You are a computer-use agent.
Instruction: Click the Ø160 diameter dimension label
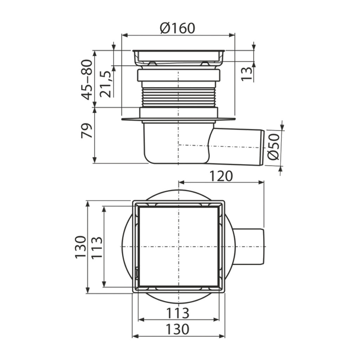pyautogui.click(x=178, y=28)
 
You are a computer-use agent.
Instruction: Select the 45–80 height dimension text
pyautogui.click(x=87, y=80)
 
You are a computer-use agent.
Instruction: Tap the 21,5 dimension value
pyautogui.click(x=105, y=84)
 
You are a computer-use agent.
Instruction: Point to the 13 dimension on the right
pyautogui.click(x=246, y=74)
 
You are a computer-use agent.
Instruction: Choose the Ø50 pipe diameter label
pyautogui.click(x=274, y=147)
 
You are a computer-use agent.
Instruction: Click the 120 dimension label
pyautogui.click(x=221, y=176)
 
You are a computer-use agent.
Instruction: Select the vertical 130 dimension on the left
pyautogui.click(x=81, y=247)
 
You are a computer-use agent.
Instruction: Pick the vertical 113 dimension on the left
pyautogui.click(x=97, y=247)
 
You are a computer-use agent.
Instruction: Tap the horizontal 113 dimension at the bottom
pyautogui.click(x=178, y=313)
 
